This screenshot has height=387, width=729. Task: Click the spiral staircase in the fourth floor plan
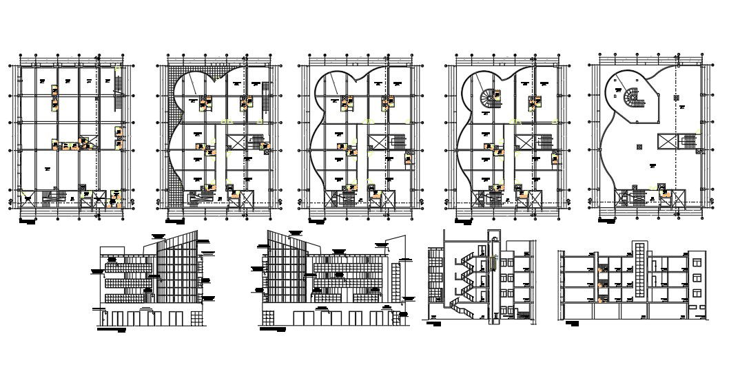point(490,98)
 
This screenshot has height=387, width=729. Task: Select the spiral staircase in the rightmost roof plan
point(633,98)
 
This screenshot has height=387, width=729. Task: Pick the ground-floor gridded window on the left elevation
point(197,317)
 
